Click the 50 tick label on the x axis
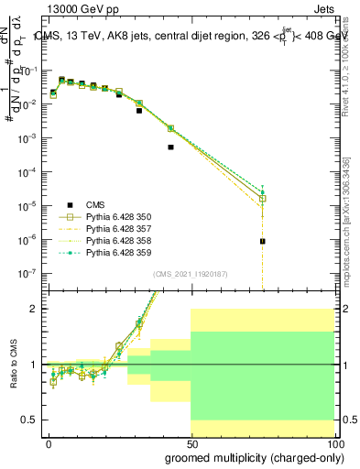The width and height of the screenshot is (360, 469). [191, 444]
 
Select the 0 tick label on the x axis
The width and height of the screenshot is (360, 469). [49, 444]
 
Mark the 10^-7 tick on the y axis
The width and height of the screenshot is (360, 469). [29, 273]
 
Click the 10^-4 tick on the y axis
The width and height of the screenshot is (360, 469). [29, 171]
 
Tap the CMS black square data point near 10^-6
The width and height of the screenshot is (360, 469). [262, 242]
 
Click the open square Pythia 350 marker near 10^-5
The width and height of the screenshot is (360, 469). [262, 199]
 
